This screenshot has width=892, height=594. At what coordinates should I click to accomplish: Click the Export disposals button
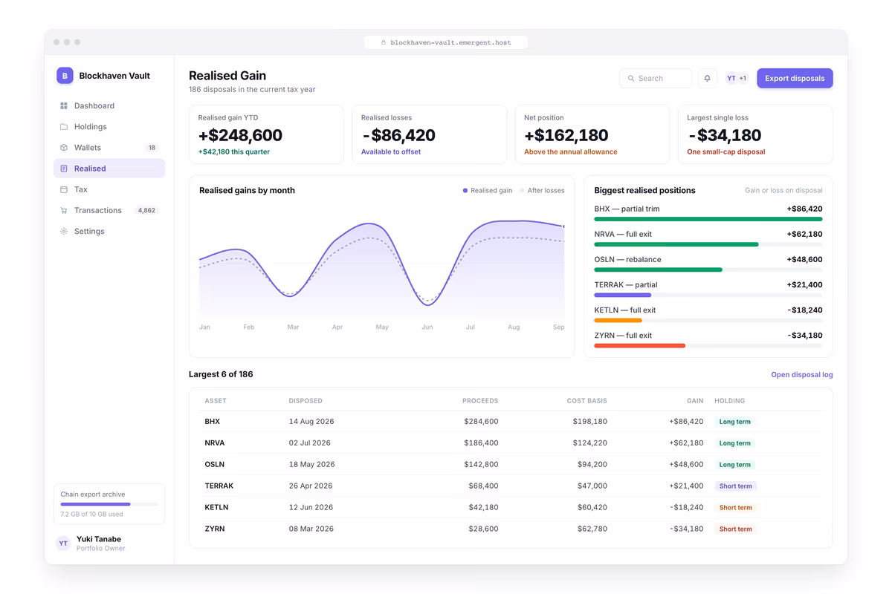[795, 79]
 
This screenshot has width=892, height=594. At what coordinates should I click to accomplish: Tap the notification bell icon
[707, 79]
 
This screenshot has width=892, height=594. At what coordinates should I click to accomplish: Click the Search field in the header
[656, 79]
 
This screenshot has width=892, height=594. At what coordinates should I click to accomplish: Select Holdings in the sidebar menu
[91, 126]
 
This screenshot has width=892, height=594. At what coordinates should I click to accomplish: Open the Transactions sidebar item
[98, 210]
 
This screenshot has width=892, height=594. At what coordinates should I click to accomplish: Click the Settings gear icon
[64, 231]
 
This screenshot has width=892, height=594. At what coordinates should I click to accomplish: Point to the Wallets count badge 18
[152, 148]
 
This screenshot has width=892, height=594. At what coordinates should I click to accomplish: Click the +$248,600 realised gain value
[240, 135]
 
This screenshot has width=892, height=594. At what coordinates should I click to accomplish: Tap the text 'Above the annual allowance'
[570, 151]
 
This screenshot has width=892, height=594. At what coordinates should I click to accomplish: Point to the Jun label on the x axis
[427, 327]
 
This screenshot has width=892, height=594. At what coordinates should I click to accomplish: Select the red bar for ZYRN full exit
[639, 346]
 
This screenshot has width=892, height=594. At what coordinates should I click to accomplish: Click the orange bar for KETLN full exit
[618, 320]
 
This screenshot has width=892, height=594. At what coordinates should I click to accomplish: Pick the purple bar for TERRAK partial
[622, 296]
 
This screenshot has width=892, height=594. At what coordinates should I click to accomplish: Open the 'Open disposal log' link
[801, 374]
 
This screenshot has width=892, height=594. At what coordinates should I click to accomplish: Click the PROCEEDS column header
[480, 401]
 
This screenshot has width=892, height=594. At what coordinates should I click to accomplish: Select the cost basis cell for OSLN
[592, 464]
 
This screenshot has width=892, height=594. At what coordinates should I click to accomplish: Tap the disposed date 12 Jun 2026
[311, 507]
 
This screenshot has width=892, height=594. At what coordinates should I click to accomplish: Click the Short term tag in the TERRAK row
[735, 486]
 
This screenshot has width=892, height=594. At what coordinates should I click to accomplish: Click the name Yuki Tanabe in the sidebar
[99, 539]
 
